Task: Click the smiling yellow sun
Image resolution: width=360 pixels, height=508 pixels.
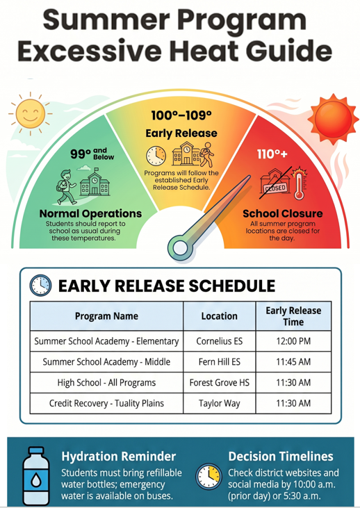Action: click(31, 113)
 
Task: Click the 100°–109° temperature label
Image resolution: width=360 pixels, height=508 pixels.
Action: click(181, 115)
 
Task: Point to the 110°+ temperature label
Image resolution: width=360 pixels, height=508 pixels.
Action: click(272, 154)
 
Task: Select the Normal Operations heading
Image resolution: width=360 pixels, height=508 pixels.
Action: click(90, 213)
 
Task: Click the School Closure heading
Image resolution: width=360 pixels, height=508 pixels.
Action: click(283, 213)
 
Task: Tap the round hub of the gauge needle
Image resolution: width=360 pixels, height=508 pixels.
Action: click(180, 248)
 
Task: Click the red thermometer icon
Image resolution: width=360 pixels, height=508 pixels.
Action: click(300, 183)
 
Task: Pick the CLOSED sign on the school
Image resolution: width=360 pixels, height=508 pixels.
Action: click(275, 188)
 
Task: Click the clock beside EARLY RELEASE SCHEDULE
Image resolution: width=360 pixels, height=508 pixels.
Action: click(40, 286)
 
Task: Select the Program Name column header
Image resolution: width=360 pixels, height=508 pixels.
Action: click(106, 316)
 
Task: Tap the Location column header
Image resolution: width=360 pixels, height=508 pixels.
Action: click(220, 316)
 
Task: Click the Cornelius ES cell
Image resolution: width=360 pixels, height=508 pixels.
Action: click(220, 341)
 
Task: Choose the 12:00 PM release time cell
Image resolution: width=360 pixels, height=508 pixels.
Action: click(293, 341)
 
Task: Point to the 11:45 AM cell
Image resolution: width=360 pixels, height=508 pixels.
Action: click(293, 362)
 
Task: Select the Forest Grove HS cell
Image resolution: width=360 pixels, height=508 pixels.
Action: click(220, 383)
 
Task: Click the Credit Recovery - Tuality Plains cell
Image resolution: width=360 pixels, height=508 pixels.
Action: click(106, 403)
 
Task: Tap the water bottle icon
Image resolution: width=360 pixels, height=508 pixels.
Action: click(36, 475)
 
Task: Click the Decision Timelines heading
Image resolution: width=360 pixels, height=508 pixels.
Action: click(281, 456)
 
